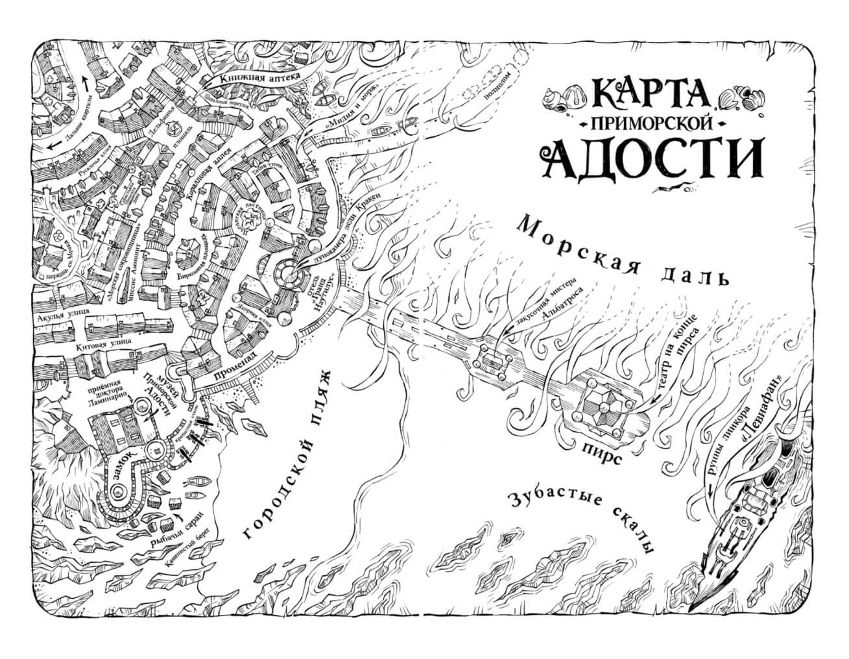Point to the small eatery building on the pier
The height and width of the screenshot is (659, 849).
click(x=494, y=359)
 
